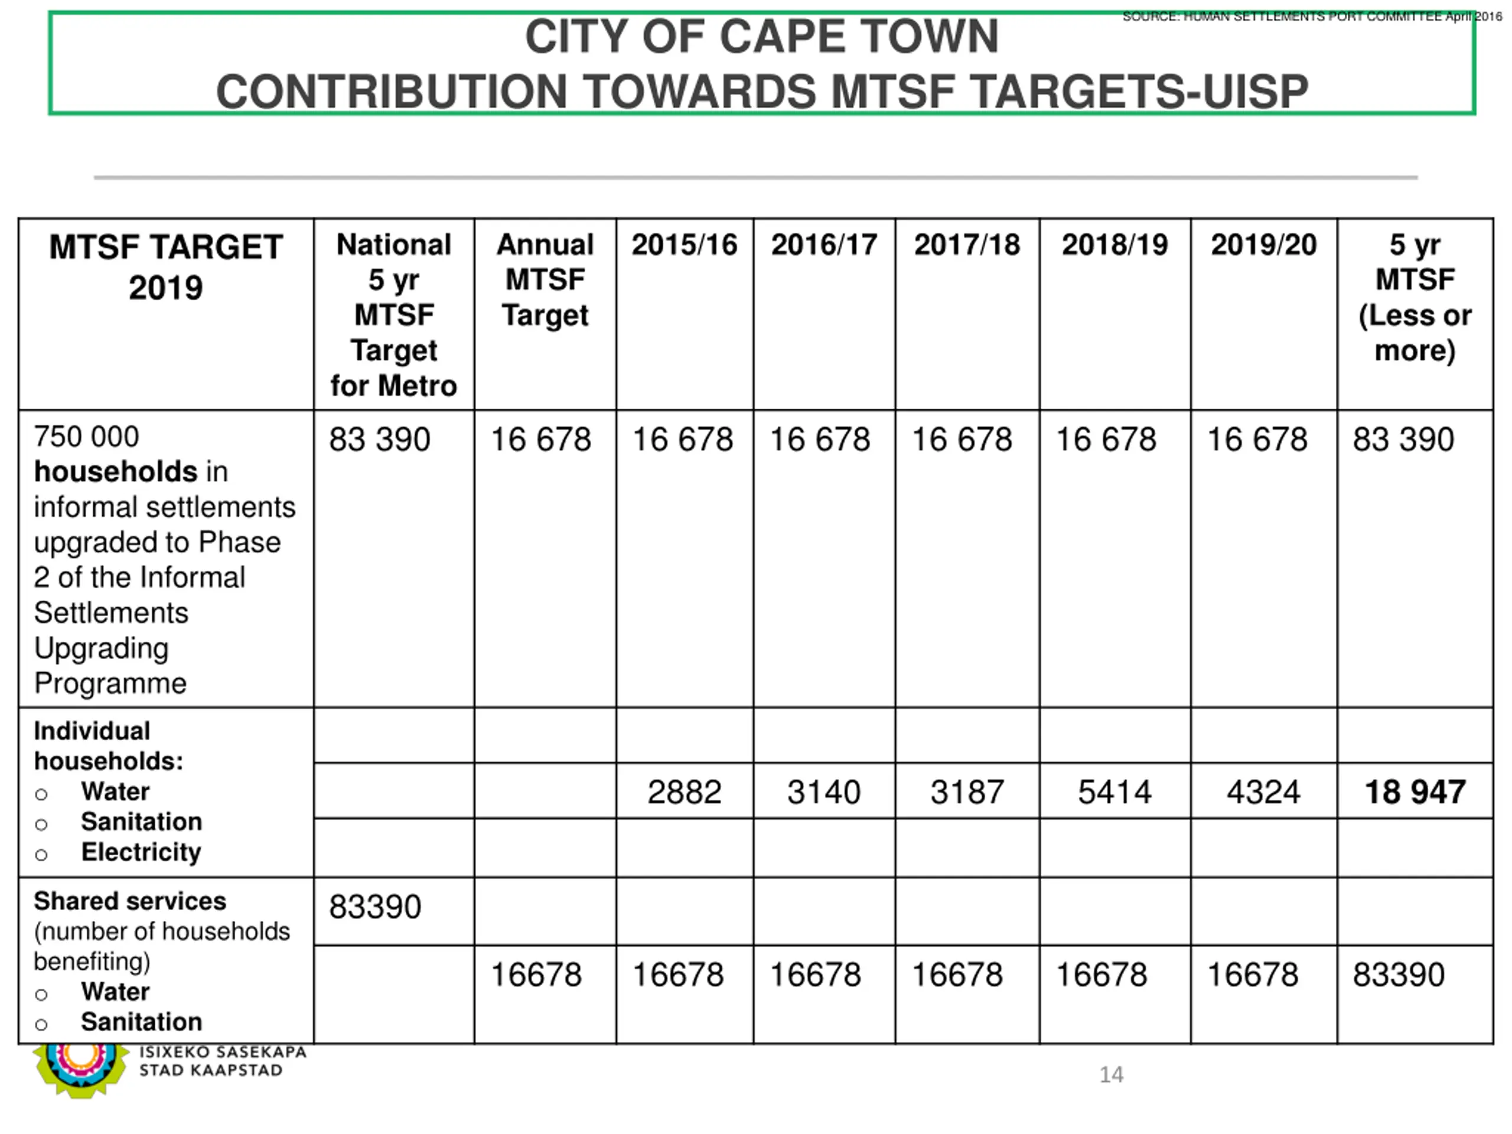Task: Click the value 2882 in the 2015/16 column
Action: pos(684,792)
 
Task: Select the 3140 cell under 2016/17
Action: pos(824,792)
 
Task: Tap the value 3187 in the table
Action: pos(966,792)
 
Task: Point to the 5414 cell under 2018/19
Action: pos(1114,792)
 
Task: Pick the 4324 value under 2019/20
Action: pos(1263,792)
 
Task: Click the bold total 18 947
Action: pos(1415,792)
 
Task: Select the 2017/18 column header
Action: pos(966,245)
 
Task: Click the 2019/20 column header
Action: pos(1263,245)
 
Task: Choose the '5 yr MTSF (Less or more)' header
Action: pos(1415,297)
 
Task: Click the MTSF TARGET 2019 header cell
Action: pos(165,266)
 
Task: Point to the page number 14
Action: pos(1111,1074)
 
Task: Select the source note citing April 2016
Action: pos(1312,17)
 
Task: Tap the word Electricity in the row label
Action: pos(141,852)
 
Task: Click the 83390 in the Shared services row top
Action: pos(374,907)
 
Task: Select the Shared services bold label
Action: pos(130,901)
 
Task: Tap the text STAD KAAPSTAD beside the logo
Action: pos(210,1070)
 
